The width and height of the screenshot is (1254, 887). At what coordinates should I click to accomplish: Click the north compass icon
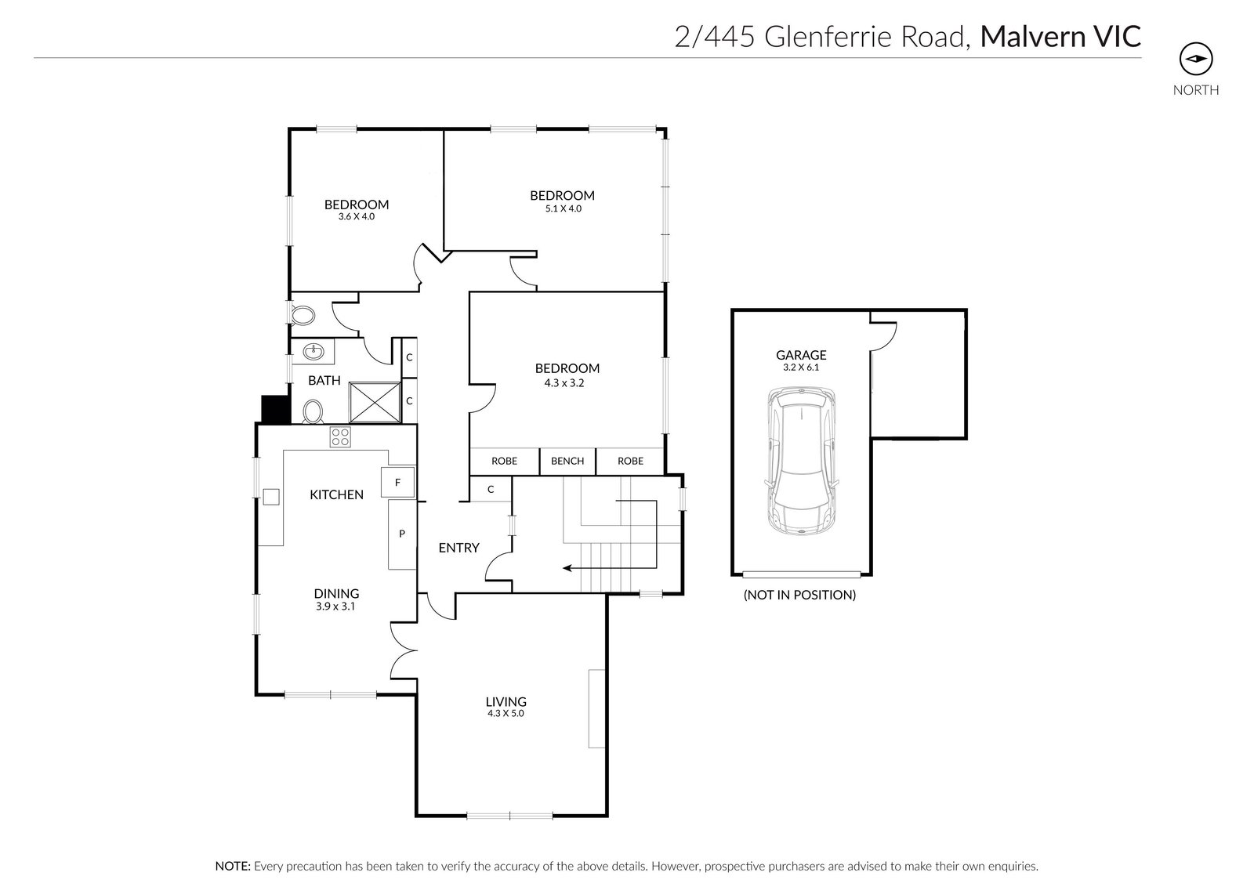point(1196,59)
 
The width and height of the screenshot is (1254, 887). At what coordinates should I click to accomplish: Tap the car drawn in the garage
point(802,462)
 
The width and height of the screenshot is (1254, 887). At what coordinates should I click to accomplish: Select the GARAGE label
point(801,355)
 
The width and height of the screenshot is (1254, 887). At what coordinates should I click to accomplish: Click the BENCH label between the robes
point(567,461)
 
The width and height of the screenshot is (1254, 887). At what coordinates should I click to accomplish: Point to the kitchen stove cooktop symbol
point(340,437)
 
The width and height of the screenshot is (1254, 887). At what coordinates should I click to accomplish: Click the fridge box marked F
point(397,483)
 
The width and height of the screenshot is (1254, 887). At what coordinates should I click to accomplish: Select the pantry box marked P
point(402,534)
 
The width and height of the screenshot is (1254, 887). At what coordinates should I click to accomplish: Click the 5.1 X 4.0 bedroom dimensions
point(563,209)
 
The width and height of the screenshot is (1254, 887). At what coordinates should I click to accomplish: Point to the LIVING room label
point(506,701)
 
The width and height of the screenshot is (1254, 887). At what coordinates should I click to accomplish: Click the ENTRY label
point(458,548)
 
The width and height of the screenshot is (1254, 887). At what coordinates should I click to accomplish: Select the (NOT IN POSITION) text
point(799,595)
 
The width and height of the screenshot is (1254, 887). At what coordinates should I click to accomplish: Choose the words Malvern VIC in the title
point(1060,36)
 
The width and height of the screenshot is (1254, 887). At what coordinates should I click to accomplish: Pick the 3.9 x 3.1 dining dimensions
point(336,606)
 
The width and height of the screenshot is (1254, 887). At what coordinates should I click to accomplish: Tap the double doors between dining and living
point(401,651)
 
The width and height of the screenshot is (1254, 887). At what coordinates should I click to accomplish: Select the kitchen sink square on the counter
point(270,497)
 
